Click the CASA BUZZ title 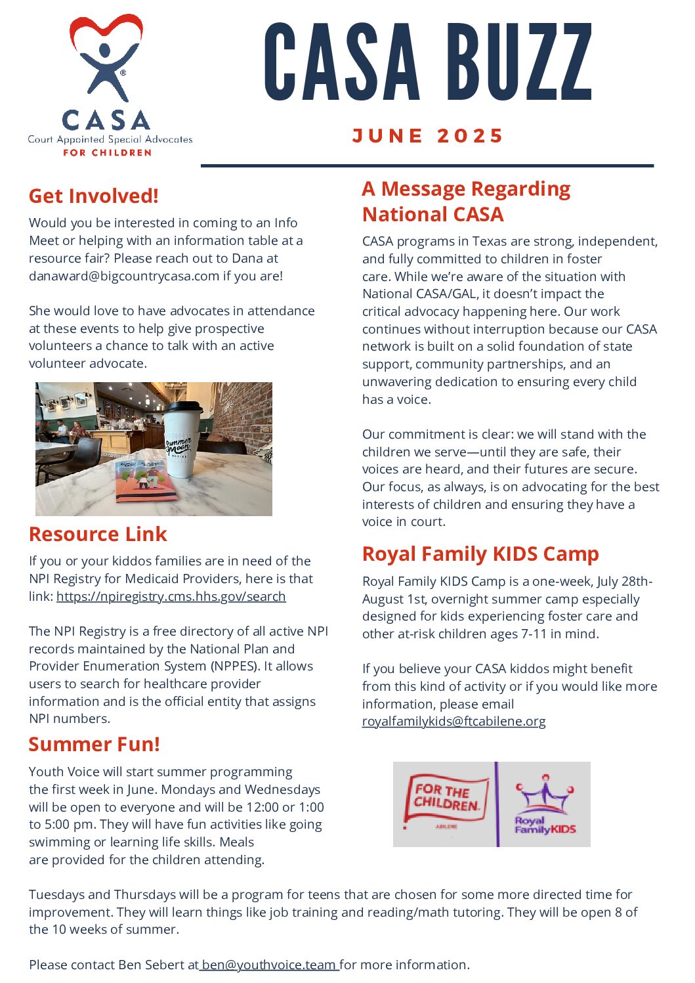click(428, 62)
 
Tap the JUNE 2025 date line click(428, 136)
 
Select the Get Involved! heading click(94, 196)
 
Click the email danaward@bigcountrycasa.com click(124, 276)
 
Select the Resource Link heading click(98, 534)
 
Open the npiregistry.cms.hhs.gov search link click(171, 596)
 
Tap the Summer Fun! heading click(94, 744)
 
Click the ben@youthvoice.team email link click(268, 965)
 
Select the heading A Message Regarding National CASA click(465, 202)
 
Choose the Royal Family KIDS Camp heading click(480, 554)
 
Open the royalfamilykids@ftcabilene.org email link click(453, 721)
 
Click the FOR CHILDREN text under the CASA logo click(107, 152)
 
